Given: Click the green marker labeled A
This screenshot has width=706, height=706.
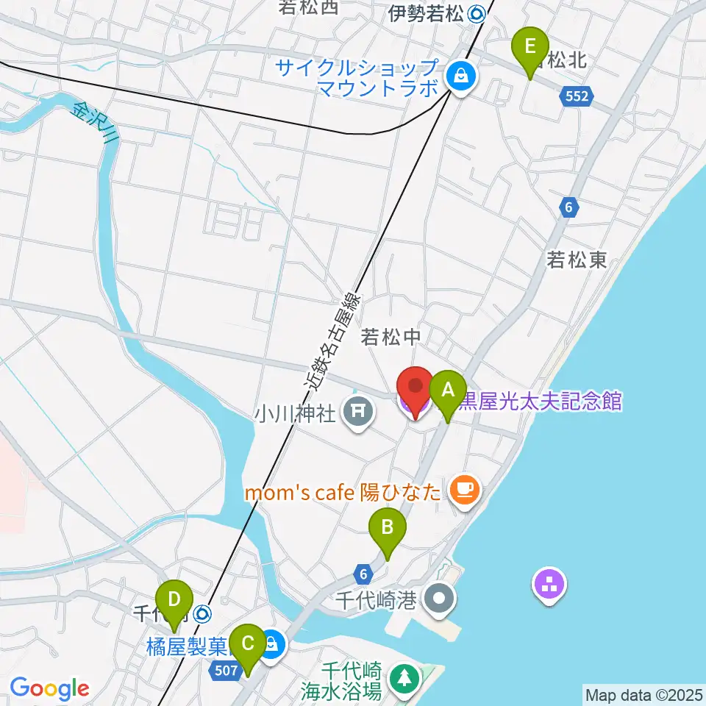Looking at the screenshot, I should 448,391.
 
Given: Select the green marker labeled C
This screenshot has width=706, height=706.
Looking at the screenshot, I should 248,645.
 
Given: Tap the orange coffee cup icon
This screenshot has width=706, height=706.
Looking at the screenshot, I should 463,488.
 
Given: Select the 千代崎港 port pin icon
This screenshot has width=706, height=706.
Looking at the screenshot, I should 439,599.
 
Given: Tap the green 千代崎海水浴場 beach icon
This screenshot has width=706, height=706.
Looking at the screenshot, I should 402,677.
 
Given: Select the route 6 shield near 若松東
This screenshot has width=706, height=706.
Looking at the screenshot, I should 568,208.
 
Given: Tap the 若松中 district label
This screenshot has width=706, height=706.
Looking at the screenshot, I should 391,337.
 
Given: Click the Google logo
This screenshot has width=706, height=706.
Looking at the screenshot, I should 49,688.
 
